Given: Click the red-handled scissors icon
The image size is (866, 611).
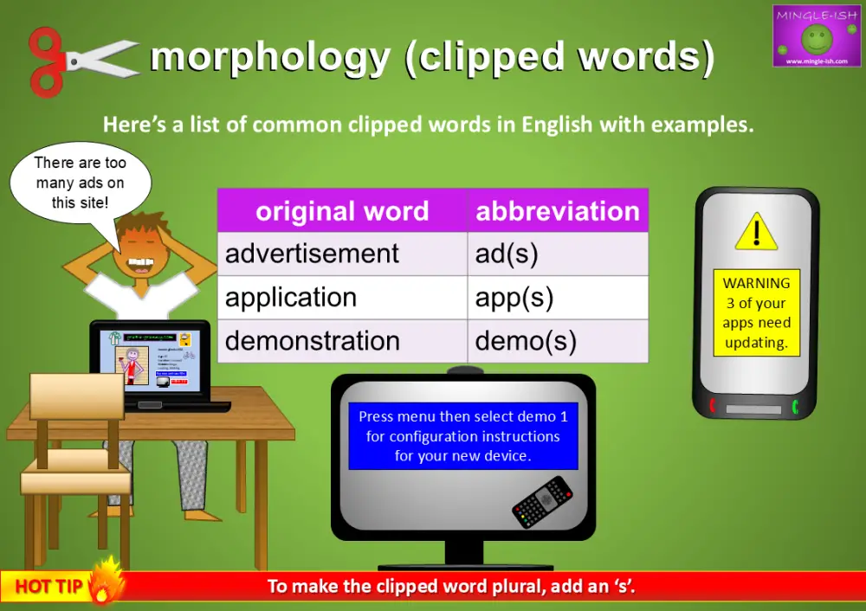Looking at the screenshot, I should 82,60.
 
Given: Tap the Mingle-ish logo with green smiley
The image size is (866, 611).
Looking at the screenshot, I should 816,35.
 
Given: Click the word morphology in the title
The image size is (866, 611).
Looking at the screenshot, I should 269,57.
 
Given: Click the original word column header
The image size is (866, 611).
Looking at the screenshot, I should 341,211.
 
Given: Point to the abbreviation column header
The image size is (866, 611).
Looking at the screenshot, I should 558,211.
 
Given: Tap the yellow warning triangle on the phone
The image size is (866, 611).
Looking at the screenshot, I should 756,232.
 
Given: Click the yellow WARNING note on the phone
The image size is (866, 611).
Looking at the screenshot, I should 756,312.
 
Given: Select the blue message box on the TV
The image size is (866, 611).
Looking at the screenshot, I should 462,436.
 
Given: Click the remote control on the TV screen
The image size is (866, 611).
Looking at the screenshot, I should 542,502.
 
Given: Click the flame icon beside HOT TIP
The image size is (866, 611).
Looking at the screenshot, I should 107,580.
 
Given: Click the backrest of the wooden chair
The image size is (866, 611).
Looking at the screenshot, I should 77,396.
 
